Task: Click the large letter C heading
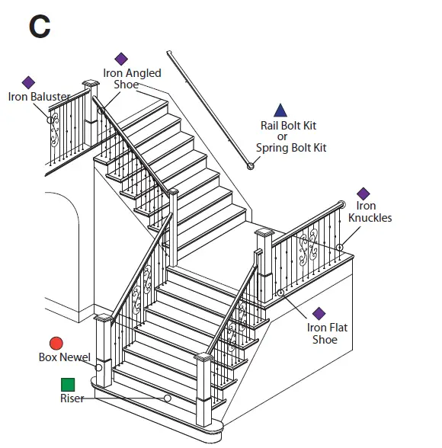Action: pyautogui.click(x=40, y=27)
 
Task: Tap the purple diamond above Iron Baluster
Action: pyautogui.click(x=28, y=82)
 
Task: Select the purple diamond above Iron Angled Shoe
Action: pyautogui.click(x=121, y=59)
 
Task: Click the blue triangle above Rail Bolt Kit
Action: pyautogui.click(x=280, y=110)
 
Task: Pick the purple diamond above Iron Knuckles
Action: pyautogui.click(x=364, y=194)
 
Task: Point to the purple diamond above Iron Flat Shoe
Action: pyautogui.click(x=319, y=313)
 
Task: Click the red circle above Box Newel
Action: pyautogui.click(x=56, y=344)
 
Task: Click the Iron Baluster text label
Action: pyautogui.click(x=39, y=97)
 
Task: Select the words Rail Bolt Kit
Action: pyautogui.click(x=288, y=126)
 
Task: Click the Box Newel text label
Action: pyautogui.click(x=64, y=357)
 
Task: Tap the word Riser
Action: pyautogui.click(x=72, y=398)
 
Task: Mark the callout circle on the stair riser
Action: pyautogui.click(x=167, y=398)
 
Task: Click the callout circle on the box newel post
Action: pyautogui.click(x=99, y=367)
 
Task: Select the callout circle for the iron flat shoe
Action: pyautogui.click(x=280, y=293)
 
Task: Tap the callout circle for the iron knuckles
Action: pyautogui.click(x=339, y=247)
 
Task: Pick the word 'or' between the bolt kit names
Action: pyautogui.click(x=281, y=136)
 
